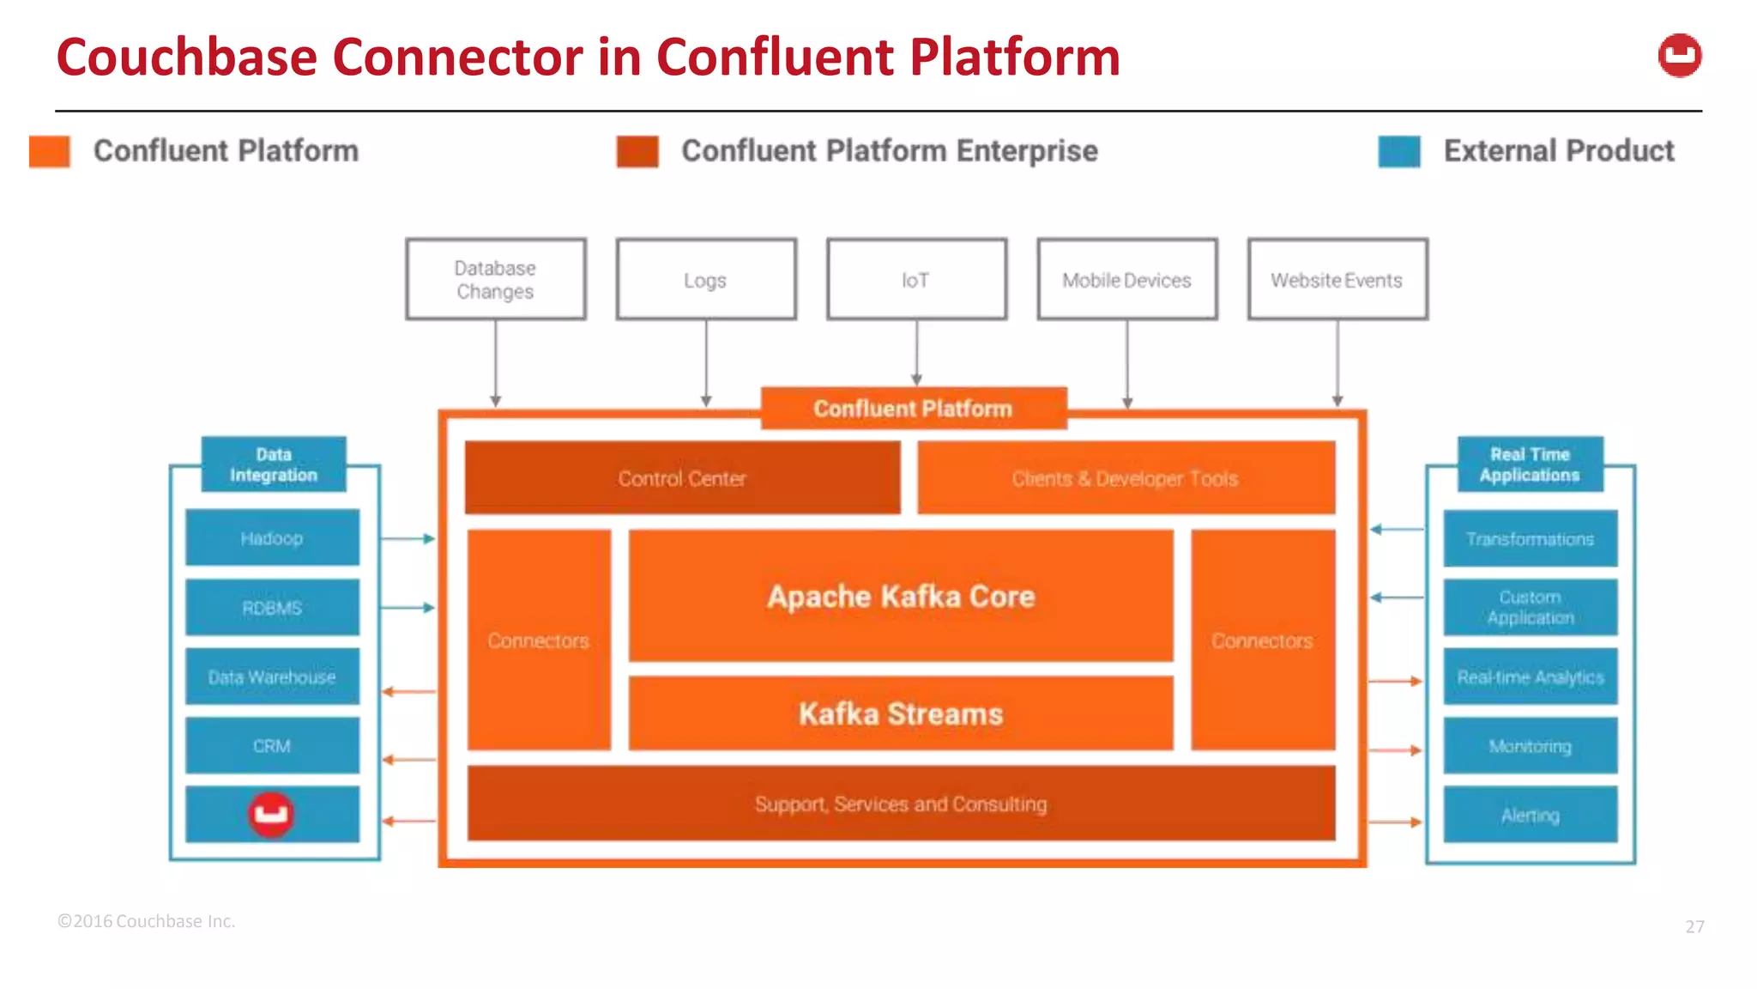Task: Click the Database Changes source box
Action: [x=496, y=279]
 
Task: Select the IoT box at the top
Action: [x=916, y=279]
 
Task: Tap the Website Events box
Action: [x=1337, y=279]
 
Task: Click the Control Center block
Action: [x=682, y=478]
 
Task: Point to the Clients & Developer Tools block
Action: [x=1126, y=478]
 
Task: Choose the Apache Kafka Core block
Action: [x=901, y=596]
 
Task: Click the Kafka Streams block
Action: [x=901, y=713]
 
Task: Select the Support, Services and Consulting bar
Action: [x=901, y=804]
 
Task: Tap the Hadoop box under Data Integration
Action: [x=272, y=538]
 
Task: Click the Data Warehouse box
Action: [x=272, y=677]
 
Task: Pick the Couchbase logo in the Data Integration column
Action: [x=271, y=814]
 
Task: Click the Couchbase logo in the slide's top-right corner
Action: [x=1679, y=56]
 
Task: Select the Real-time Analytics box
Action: [x=1530, y=677]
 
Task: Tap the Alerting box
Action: [x=1530, y=815]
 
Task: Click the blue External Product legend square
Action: [x=1398, y=151]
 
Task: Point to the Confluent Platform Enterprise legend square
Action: [x=637, y=151]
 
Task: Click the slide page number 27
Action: [x=1694, y=926]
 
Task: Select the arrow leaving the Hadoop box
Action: [x=408, y=538]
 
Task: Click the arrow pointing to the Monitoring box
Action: [x=1395, y=750]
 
